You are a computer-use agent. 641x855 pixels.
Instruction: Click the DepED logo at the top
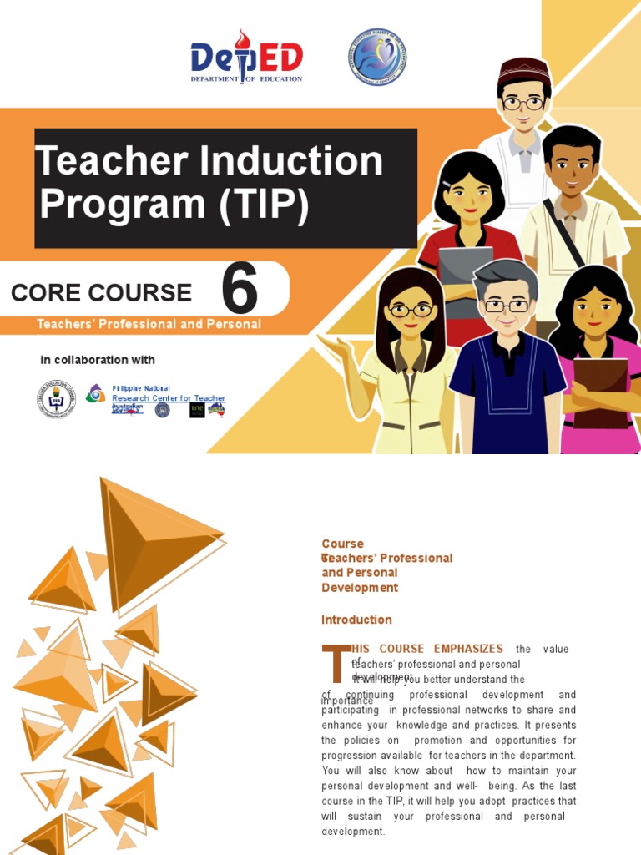246,58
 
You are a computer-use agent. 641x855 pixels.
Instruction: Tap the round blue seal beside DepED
376,58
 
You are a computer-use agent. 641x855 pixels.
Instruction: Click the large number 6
240,291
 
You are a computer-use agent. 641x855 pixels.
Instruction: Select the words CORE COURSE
101,293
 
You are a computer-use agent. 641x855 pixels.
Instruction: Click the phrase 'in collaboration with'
98,360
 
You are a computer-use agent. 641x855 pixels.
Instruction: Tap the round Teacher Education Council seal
56,399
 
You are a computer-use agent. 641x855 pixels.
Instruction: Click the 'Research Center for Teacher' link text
169,398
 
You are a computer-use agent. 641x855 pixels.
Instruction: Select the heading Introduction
356,620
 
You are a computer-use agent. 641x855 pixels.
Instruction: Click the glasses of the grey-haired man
507,306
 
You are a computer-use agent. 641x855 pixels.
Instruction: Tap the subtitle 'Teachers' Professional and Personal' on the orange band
149,324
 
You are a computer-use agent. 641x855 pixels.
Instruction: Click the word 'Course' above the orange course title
342,544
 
